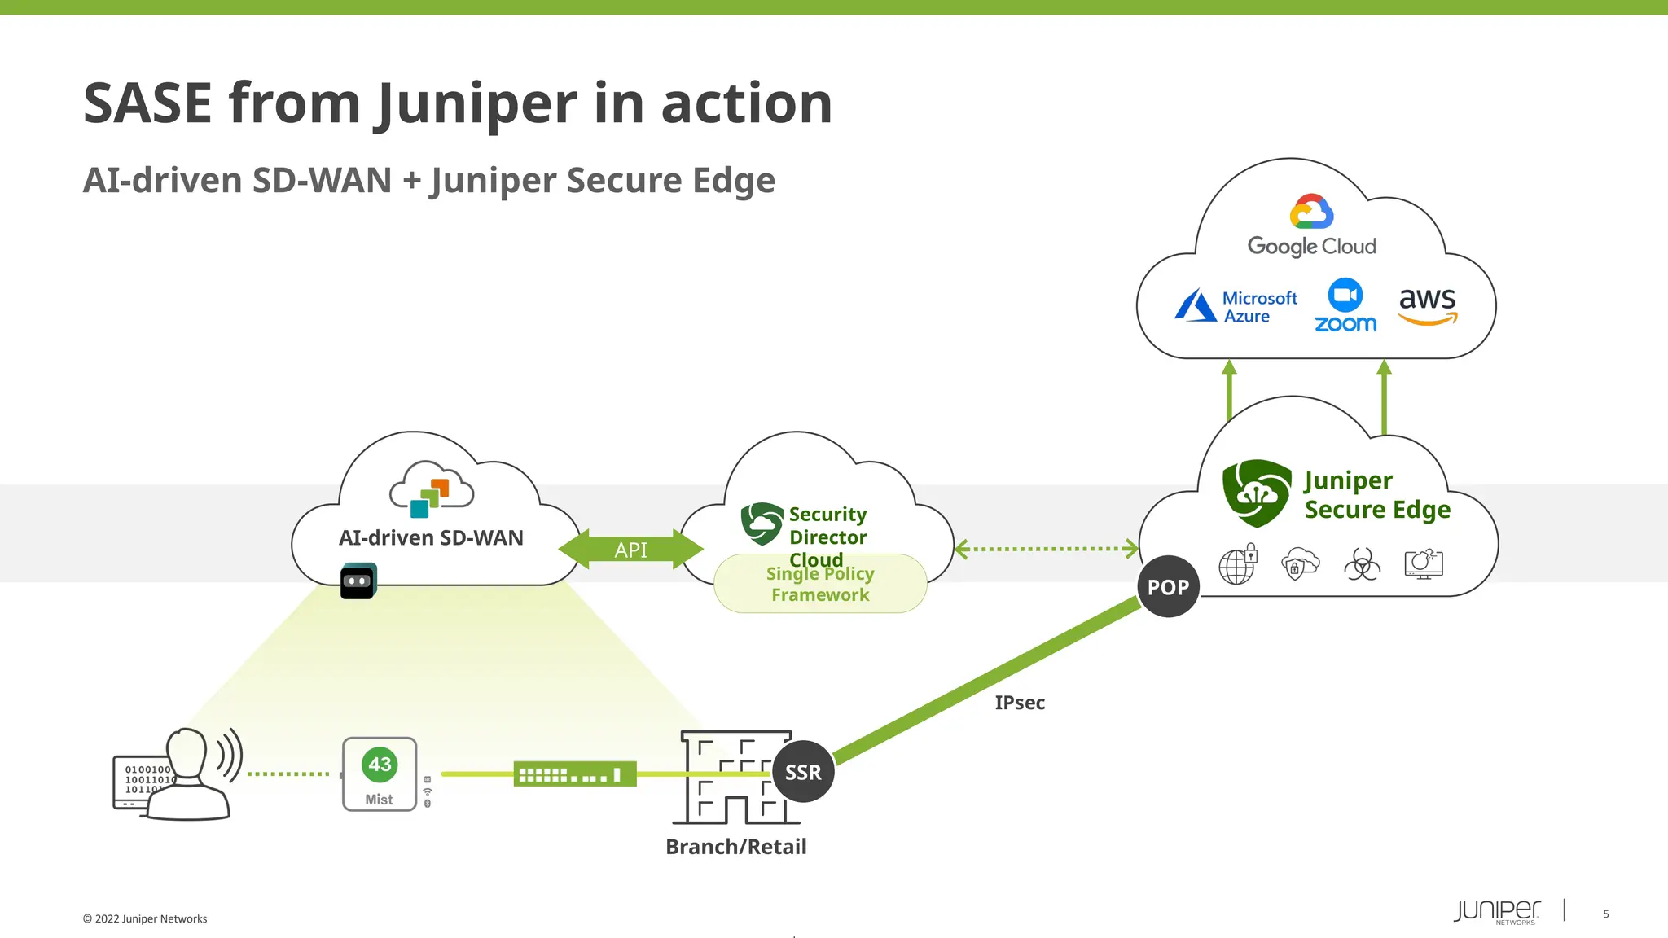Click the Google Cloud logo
click(1311, 225)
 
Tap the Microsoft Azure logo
click(1236, 307)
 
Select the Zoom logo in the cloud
click(1345, 306)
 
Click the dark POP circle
click(1168, 586)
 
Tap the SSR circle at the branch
click(803, 771)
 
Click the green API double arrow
click(630, 550)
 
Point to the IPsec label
click(1019, 703)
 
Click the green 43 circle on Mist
click(380, 764)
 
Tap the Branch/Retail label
click(735, 847)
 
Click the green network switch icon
click(574, 774)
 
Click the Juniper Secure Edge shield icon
click(1256, 493)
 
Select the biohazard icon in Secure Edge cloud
click(1362, 563)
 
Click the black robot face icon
click(358, 581)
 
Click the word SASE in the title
click(147, 103)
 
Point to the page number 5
click(1605, 914)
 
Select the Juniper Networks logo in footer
click(1497, 911)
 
